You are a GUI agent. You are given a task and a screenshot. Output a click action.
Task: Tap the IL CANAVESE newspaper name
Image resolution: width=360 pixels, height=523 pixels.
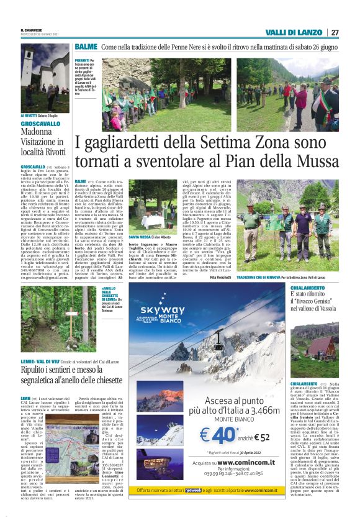click(x=31, y=30)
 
